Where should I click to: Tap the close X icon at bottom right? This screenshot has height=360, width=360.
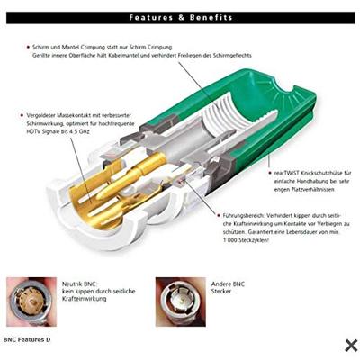click(x=351, y=345)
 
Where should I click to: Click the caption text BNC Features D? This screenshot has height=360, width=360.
click(x=28, y=340)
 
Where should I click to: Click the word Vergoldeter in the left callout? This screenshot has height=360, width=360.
click(x=44, y=116)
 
